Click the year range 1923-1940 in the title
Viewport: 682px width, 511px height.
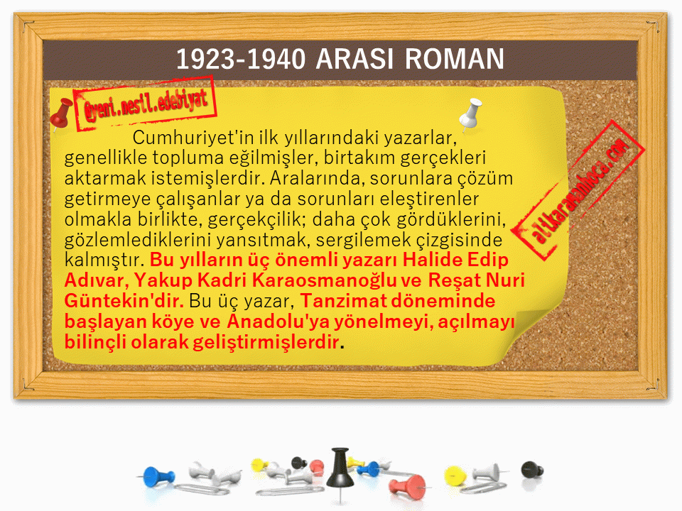coord(241,59)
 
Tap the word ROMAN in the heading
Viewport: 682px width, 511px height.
coord(455,59)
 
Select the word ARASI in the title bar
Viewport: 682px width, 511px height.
coord(355,59)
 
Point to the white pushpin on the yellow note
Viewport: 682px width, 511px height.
coord(470,113)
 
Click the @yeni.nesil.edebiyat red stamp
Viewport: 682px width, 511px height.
coord(145,104)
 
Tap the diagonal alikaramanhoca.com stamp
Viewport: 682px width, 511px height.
coord(578,190)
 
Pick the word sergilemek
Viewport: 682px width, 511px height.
coord(364,240)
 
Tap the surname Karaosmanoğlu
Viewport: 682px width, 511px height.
coord(324,280)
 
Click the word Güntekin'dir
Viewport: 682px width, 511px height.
coord(124,301)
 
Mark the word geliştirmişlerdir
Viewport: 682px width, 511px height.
coord(266,342)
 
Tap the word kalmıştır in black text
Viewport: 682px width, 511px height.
coord(104,260)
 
